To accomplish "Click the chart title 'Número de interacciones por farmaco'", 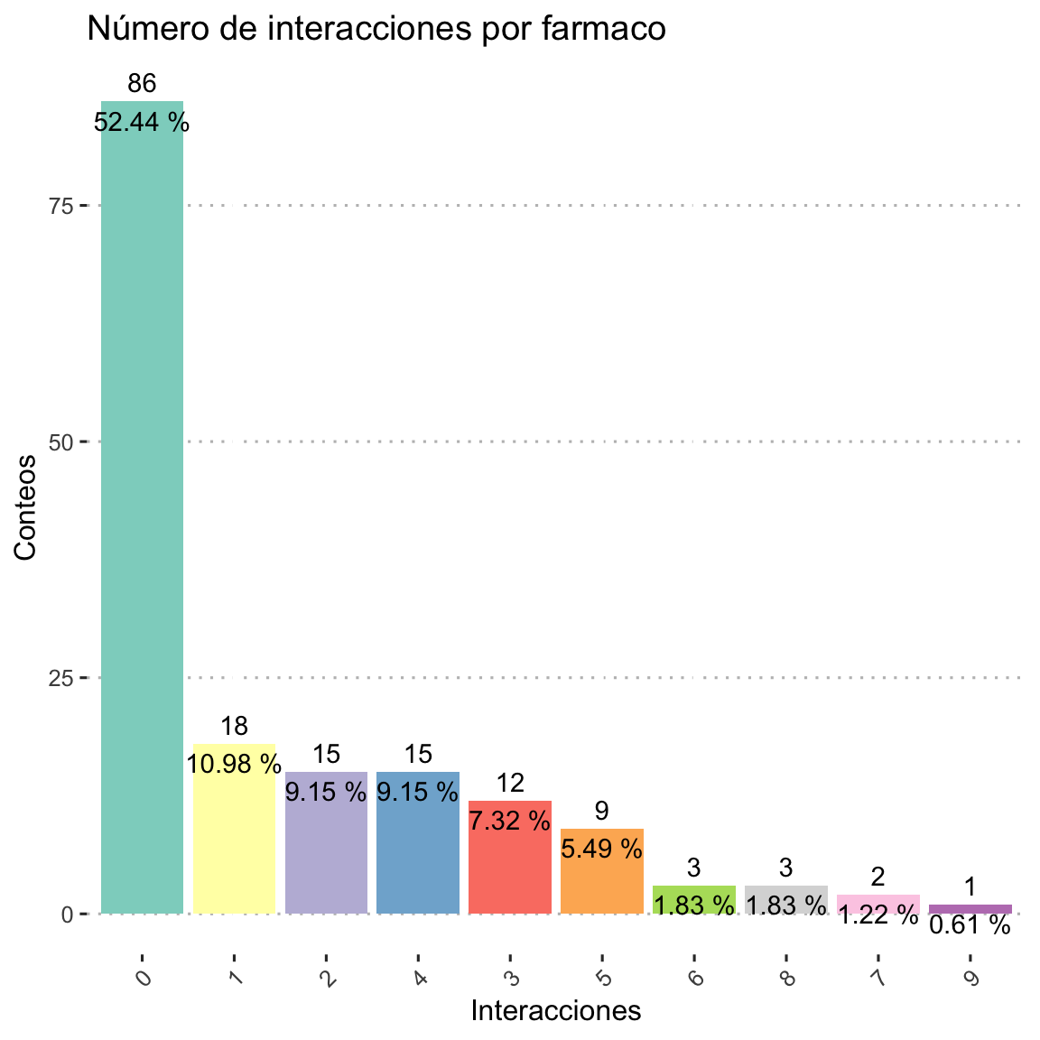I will point(376,30).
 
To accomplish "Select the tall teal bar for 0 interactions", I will point(142,506).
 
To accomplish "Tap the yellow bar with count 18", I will point(234,840).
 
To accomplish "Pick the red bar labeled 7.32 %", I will point(510,867).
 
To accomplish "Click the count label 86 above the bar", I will point(142,84).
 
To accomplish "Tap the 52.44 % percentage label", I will point(142,122).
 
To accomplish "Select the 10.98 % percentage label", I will point(234,765).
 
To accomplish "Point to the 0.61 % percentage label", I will point(970,925).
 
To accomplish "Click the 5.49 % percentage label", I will point(602,848).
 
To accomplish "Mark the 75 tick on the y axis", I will point(60,206).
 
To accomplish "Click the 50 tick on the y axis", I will point(60,442).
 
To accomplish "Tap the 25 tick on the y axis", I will point(60,678).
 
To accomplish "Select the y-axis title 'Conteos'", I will point(25,507).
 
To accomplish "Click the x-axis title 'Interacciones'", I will point(556,1011).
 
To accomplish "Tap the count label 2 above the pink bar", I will point(877,877).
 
